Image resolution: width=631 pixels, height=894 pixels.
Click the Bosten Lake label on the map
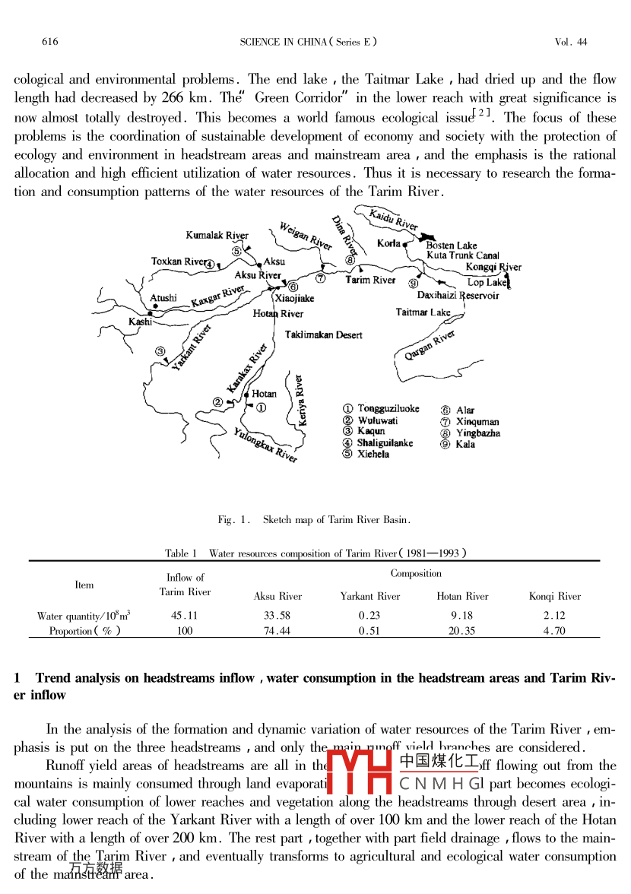click(x=452, y=246)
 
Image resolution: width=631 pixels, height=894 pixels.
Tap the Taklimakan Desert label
click(x=323, y=334)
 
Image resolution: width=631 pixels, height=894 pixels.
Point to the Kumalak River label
click(x=217, y=236)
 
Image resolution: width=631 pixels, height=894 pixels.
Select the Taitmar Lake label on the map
click(x=423, y=312)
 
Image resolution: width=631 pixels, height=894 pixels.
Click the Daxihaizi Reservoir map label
click(x=458, y=296)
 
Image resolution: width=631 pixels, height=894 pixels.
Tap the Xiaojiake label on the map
click(x=294, y=299)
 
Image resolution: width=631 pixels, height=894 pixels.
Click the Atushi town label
click(x=163, y=298)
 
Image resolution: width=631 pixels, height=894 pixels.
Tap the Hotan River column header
click(x=462, y=596)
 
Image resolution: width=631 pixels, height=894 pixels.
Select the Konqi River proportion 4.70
click(x=554, y=631)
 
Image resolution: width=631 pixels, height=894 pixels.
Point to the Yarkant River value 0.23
click(x=369, y=616)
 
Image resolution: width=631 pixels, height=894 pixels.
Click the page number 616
click(x=50, y=42)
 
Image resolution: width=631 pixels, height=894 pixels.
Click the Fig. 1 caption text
click(x=314, y=520)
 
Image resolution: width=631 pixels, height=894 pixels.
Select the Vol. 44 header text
click(x=571, y=42)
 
